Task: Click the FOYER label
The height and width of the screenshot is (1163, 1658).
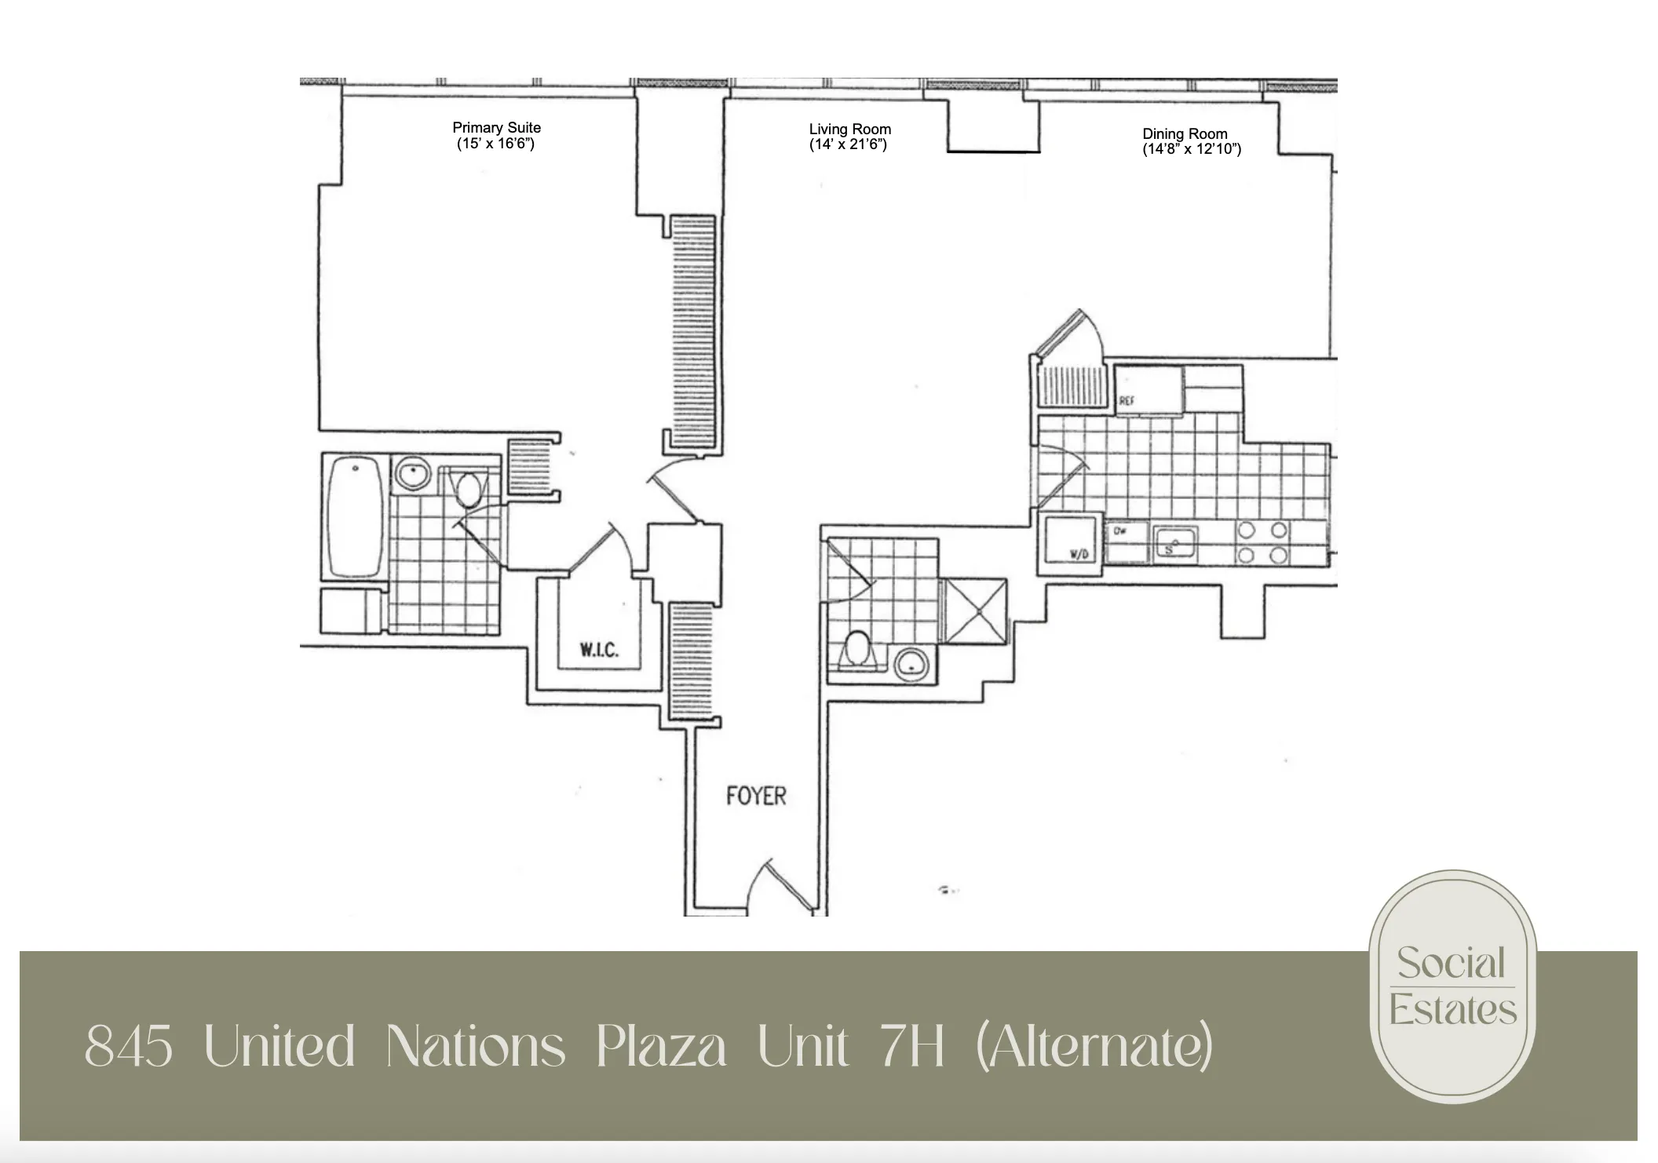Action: tap(755, 796)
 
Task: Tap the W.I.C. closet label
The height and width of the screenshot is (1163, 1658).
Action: tap(599, 650)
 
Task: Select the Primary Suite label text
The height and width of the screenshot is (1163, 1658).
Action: tap(496, 127)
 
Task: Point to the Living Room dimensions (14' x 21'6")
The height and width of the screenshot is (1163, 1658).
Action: tap(848, 144)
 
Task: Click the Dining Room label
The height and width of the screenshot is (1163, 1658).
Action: tap(1185, 133)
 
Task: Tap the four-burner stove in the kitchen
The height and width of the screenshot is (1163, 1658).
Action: tap(1262, 542)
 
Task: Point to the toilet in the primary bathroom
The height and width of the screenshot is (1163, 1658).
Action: tap(469, 489)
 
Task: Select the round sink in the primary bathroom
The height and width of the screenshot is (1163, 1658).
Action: tap(411, 474)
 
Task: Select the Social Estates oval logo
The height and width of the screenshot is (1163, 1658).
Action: tap(1452, 986)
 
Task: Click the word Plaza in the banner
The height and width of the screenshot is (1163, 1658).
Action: tap(660, 1047)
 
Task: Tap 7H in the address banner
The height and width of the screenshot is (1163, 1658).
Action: tap(911, 1047)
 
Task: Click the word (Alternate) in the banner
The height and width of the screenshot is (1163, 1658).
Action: tap(1094, 1047)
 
